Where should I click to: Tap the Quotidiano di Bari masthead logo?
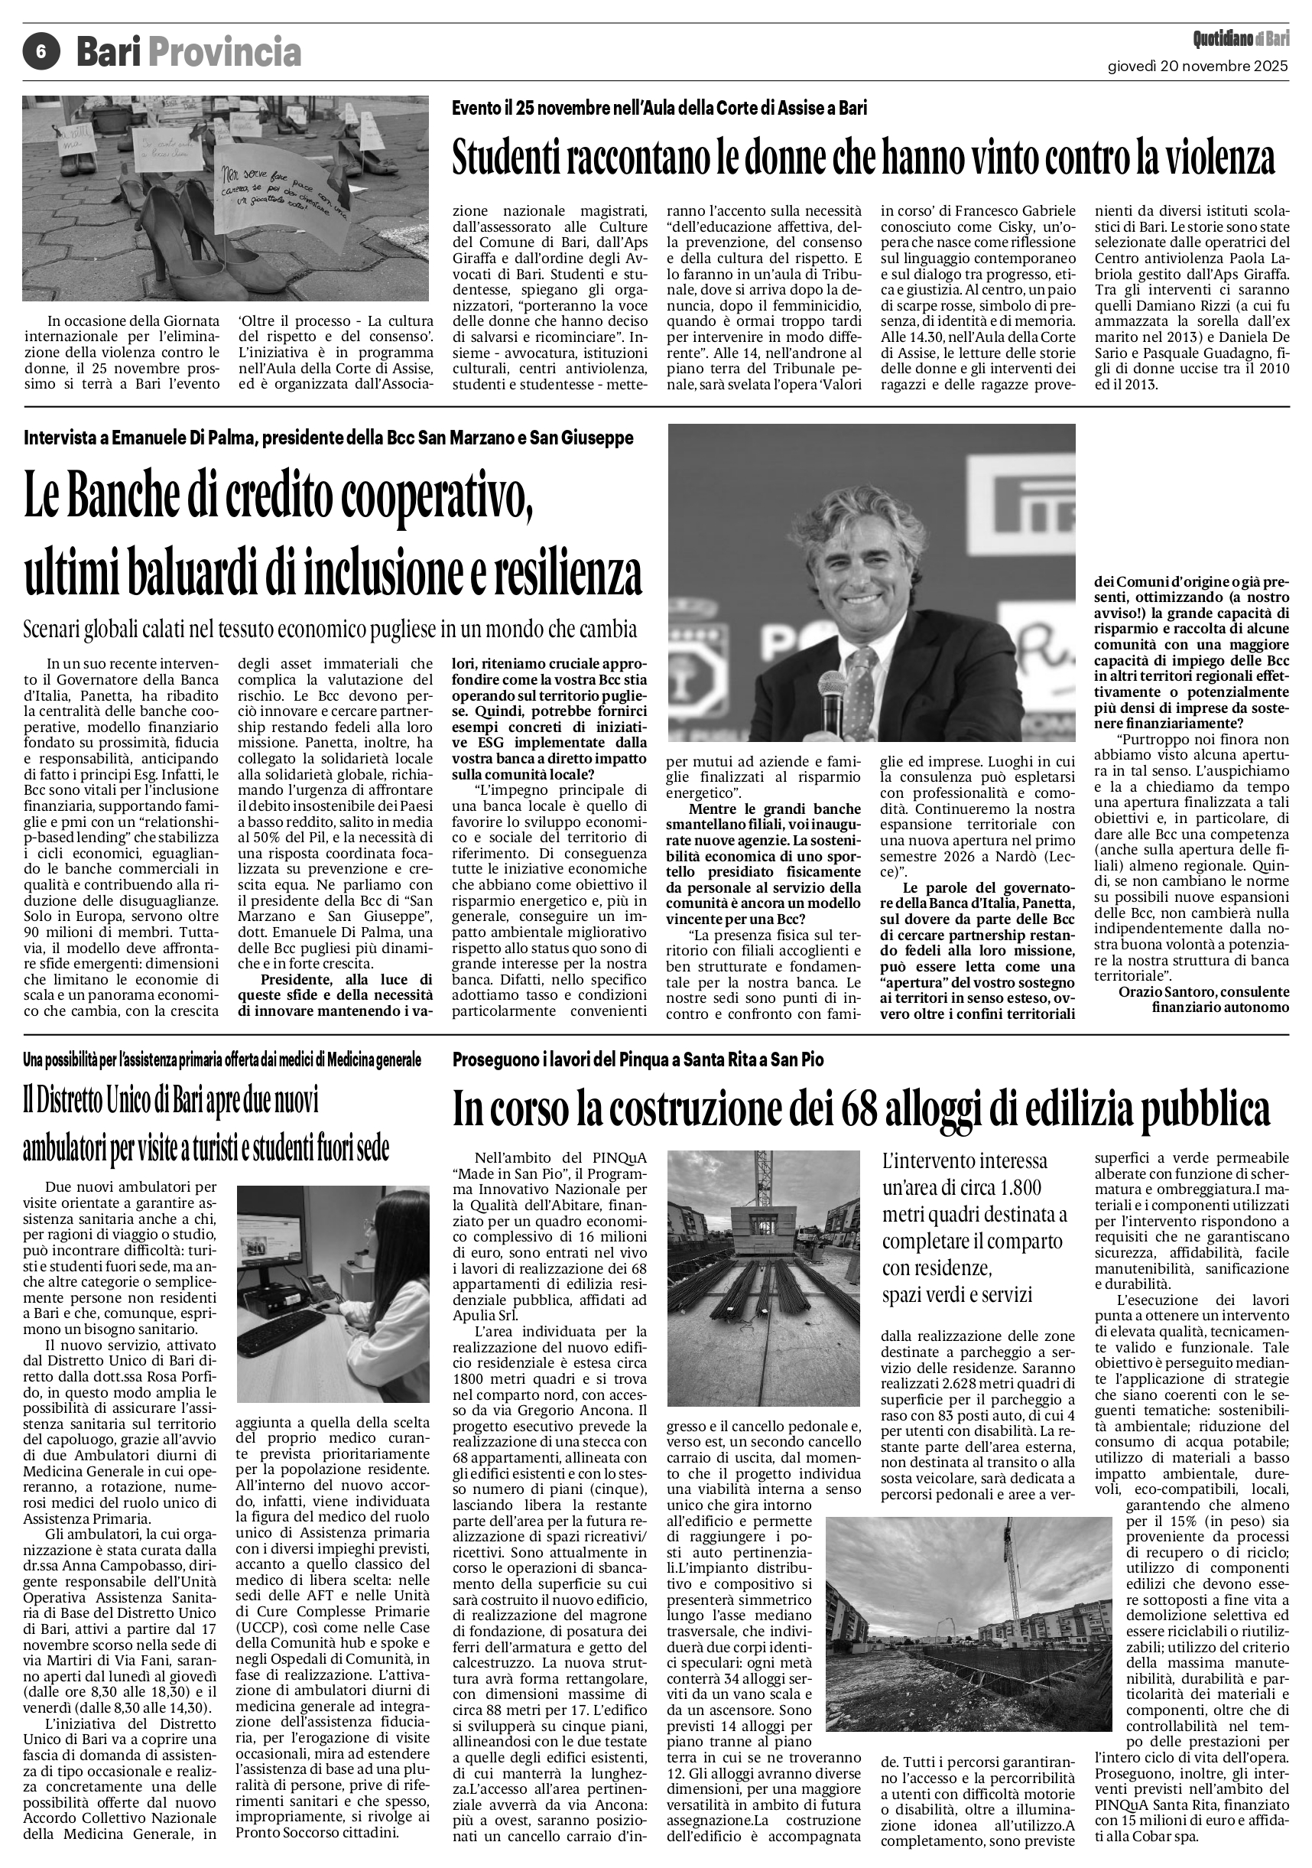tap(1240, 38)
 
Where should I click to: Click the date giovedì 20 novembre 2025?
tap(1198, 67)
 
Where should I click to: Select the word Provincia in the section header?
tap(225, 53)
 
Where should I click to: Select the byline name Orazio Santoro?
tap(1170, 992)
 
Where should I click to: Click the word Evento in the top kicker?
tap(476, 107)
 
